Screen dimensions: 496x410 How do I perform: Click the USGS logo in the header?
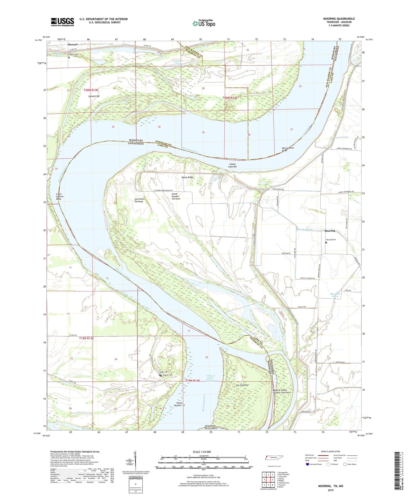coord(62,22)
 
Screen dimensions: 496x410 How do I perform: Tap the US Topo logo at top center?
coord(203,23)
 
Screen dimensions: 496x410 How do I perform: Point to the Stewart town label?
coord(73,45)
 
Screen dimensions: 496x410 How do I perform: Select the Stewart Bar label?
coord(94,96)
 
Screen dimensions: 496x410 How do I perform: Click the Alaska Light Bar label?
coord(232,165)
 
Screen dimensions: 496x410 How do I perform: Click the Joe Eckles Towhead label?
coord(139,200)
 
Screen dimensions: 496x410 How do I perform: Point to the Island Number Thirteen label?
coord(176,196)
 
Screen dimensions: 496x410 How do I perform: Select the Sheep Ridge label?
coord(187,177)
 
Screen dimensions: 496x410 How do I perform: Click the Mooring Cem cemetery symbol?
coord(326,243)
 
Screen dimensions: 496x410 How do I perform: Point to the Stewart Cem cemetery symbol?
coord(69,57)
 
